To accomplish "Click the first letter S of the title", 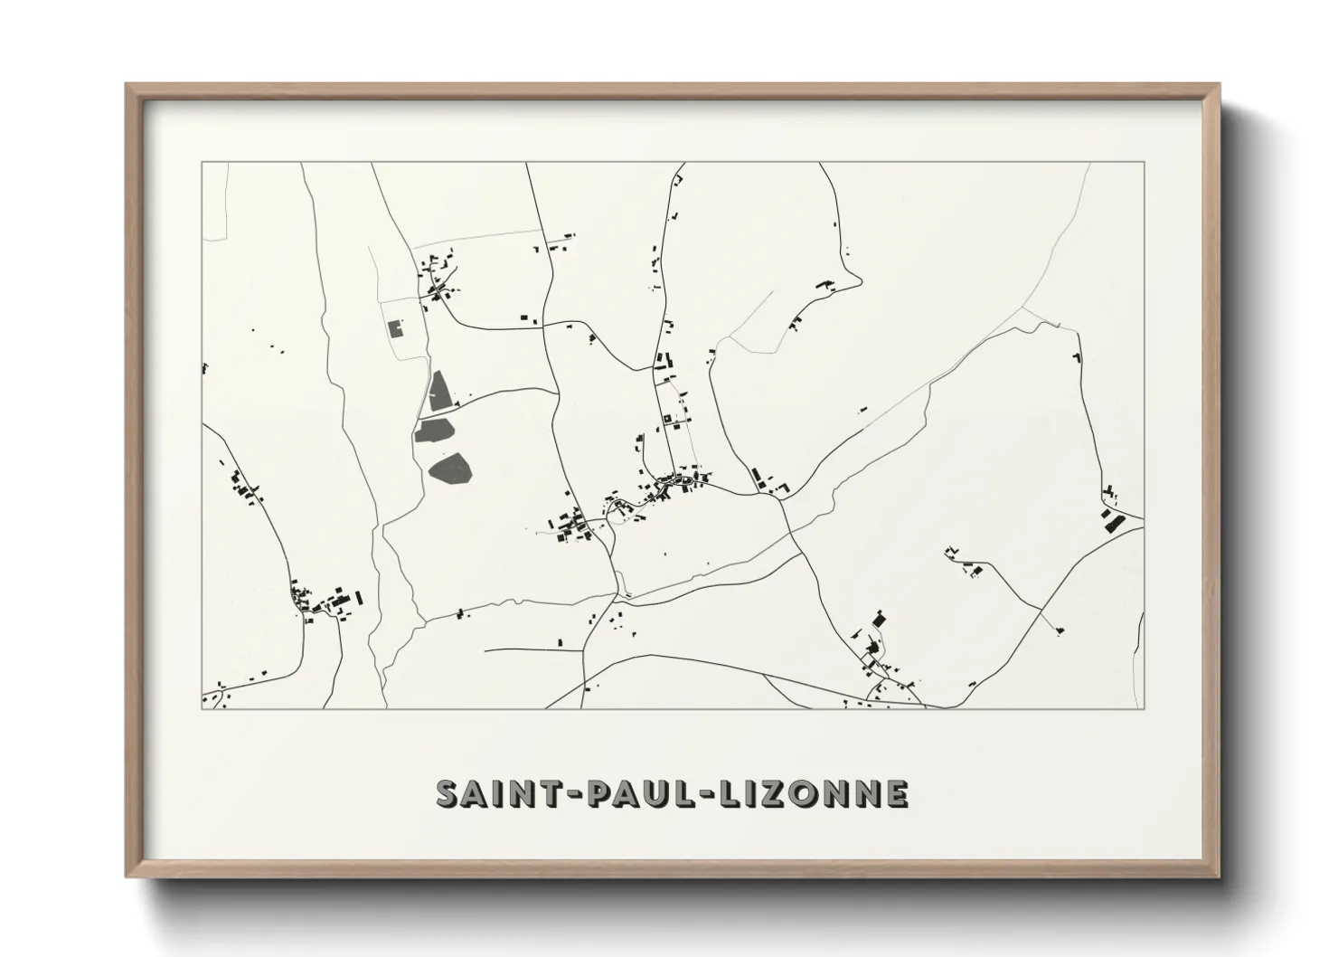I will click(x=448, y=793).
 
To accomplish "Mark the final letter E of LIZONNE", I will click(x=896, y=793).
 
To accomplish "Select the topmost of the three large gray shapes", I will click(x=440, y=391).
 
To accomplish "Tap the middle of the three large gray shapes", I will click(x=435, y=430).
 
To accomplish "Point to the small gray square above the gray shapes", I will click(x=394, y=328).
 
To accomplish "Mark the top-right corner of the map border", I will click(x=1144, y=163).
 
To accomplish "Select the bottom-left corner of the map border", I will click(x=202, y=709).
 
